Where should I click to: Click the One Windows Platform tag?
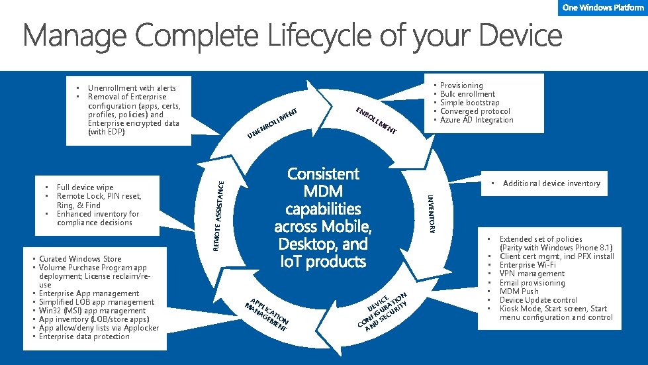pos(603,7)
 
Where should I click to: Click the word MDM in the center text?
pos(324,191)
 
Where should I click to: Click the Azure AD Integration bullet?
pos(477,120)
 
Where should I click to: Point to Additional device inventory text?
pos(551,183)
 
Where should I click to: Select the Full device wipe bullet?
pos(85,187)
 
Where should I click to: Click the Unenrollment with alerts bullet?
pos(132,87)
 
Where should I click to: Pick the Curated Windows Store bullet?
pos(80,258)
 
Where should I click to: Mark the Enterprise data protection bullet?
pos(84,337)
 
